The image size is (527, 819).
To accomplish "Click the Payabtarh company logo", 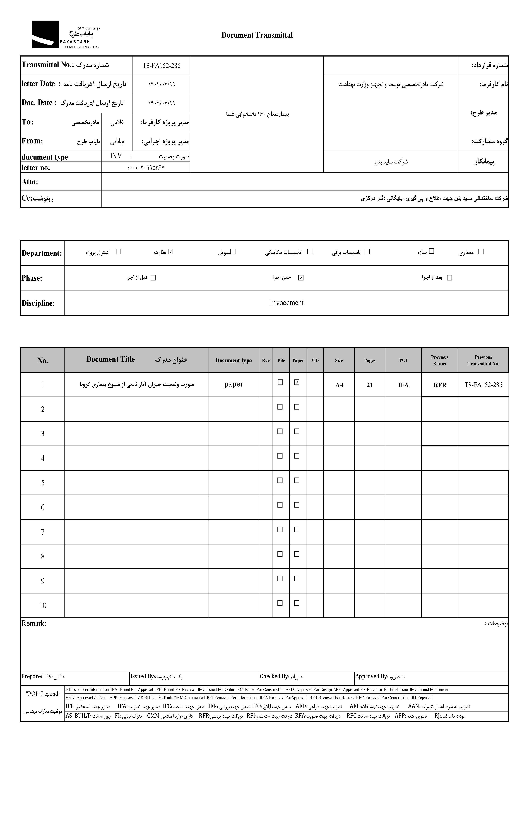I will point(65,35).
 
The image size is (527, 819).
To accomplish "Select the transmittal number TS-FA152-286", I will point(161,66).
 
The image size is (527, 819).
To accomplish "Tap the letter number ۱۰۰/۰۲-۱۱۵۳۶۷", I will point(145,167).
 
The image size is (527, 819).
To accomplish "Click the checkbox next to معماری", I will point(481,252).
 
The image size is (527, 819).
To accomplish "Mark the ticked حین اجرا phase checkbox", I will point(301,278).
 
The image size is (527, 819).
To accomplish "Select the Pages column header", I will point(370,360).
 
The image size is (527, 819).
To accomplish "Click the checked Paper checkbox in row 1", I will point(297,383).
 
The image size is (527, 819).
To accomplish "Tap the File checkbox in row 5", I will point(280,480).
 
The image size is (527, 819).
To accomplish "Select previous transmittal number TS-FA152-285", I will point(483,385).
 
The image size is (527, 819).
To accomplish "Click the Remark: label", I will point(33,624).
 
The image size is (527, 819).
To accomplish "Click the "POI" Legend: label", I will point(42,694).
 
